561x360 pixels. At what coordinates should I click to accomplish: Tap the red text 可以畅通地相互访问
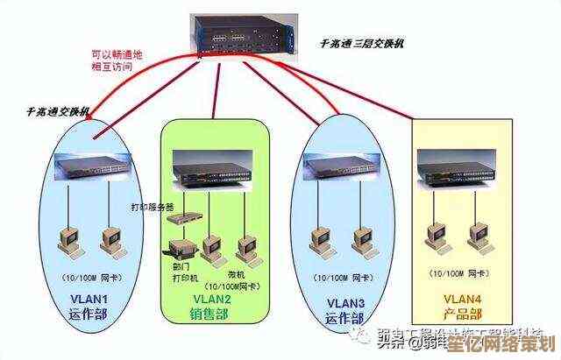click(115, 60)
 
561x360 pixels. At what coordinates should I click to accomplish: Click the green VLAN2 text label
click(212, 299)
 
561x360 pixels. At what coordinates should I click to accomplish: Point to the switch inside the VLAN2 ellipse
click(210, 168)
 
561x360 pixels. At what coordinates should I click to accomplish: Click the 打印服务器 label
click(153, 208)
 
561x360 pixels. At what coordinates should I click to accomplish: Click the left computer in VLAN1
click(66, 240)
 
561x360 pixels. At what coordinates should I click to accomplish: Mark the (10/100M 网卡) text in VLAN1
click(86, 279)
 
